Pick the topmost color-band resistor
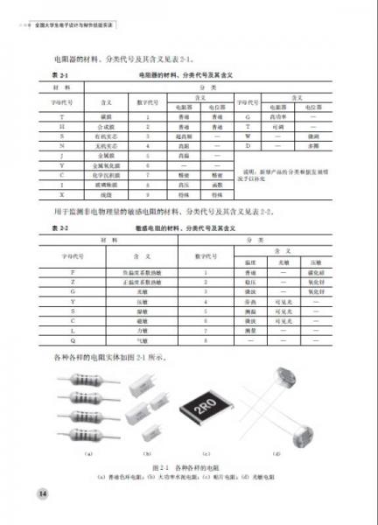click(85, 377)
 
